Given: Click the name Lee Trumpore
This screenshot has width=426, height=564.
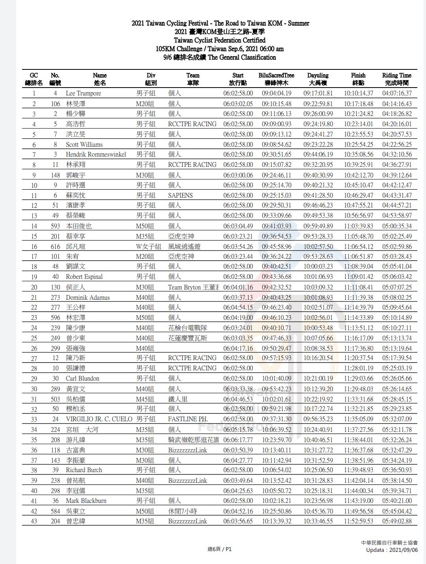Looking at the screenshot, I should [83, 93].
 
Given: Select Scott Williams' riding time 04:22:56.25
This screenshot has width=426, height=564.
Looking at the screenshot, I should [397, 144].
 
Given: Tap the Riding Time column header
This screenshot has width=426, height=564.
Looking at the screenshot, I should [396, 79].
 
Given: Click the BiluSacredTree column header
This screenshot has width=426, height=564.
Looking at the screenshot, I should [276, 79].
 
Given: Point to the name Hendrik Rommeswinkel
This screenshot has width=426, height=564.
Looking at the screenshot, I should [96, 155].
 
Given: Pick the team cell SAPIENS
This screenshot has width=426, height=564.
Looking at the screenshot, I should [180, 195].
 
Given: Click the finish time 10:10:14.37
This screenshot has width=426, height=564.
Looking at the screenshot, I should [358, 93].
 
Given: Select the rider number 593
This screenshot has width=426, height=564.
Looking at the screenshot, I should [55, 226].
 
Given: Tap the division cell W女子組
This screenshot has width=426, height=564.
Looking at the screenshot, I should [148, 247].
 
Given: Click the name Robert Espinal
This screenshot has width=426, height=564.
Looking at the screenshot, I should [84, 277].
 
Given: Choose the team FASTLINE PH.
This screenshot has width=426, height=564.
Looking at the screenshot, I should [188, 419].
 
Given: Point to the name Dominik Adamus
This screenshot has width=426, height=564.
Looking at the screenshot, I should [88, 297].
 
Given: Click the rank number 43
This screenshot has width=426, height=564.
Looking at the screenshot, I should [34, 521].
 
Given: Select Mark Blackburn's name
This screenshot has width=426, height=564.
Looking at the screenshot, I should [86, 501].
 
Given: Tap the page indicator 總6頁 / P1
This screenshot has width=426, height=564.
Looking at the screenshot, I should [220, 549].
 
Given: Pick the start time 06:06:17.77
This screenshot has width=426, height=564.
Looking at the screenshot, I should [238, 440].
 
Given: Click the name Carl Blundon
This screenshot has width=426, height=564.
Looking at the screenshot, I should [82, 379].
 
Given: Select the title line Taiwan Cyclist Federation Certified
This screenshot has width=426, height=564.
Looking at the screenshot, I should [220, 40].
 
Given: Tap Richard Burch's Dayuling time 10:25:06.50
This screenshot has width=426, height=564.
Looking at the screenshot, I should [318, 470].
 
